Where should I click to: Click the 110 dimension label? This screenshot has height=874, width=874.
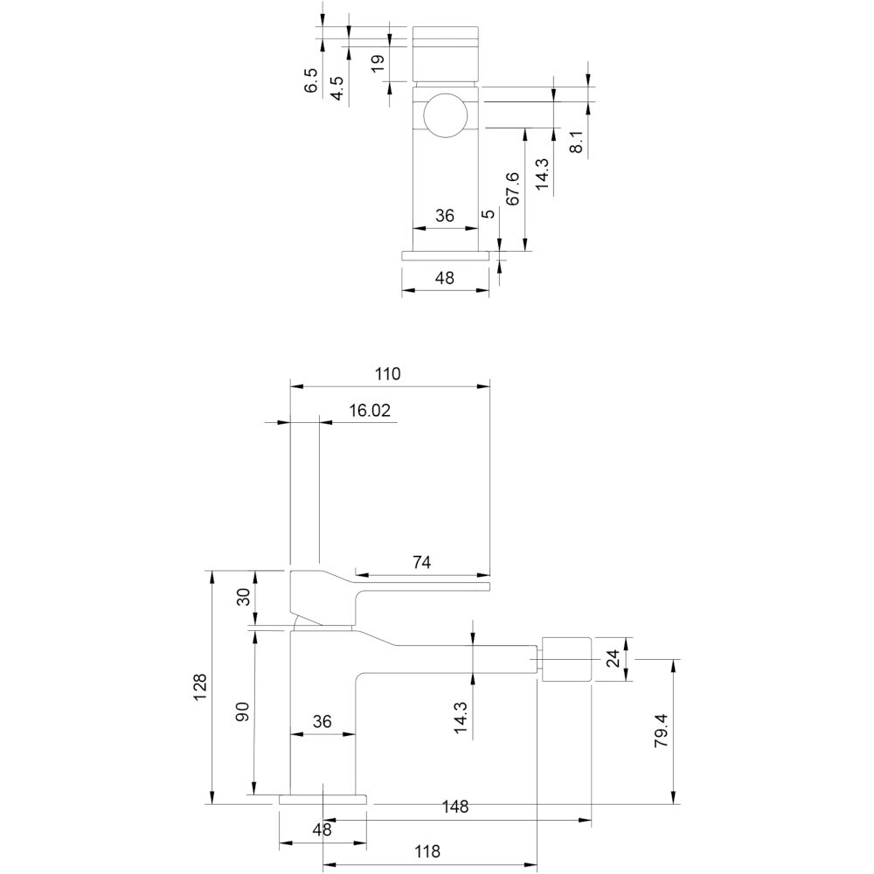[387, 373]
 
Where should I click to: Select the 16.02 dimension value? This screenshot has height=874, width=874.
[370, 410]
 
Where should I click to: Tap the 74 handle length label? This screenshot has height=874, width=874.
[422, 562]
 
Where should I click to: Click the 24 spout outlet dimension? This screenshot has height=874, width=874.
[613, 658]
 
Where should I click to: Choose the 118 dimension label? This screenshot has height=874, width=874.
[427, 851]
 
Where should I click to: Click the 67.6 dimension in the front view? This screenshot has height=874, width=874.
[512, 189]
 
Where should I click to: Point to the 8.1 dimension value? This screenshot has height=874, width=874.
[576, 142]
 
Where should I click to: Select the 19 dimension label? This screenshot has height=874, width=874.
[378, 62]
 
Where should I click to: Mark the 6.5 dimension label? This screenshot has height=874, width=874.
[311, 80]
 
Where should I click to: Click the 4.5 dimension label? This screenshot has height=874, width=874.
[336, 88]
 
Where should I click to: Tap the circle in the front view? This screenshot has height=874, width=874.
[446, 114]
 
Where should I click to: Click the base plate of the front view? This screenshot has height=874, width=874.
[446, 255]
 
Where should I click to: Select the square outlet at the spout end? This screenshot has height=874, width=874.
[565, 658]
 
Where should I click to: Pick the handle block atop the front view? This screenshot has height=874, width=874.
[446, 53]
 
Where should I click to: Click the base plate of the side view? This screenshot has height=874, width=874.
[323, 800]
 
